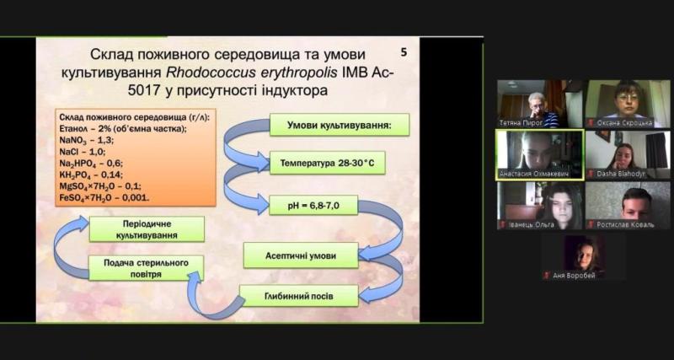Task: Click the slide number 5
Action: tap(404, 52)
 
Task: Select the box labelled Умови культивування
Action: tap(339, 126)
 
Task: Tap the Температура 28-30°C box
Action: tap(327, 162)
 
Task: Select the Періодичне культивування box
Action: tap(147, 228)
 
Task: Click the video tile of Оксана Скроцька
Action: tap(627, 104)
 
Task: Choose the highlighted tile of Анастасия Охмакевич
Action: tap(539, 154)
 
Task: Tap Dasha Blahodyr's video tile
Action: tap(627, 154)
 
